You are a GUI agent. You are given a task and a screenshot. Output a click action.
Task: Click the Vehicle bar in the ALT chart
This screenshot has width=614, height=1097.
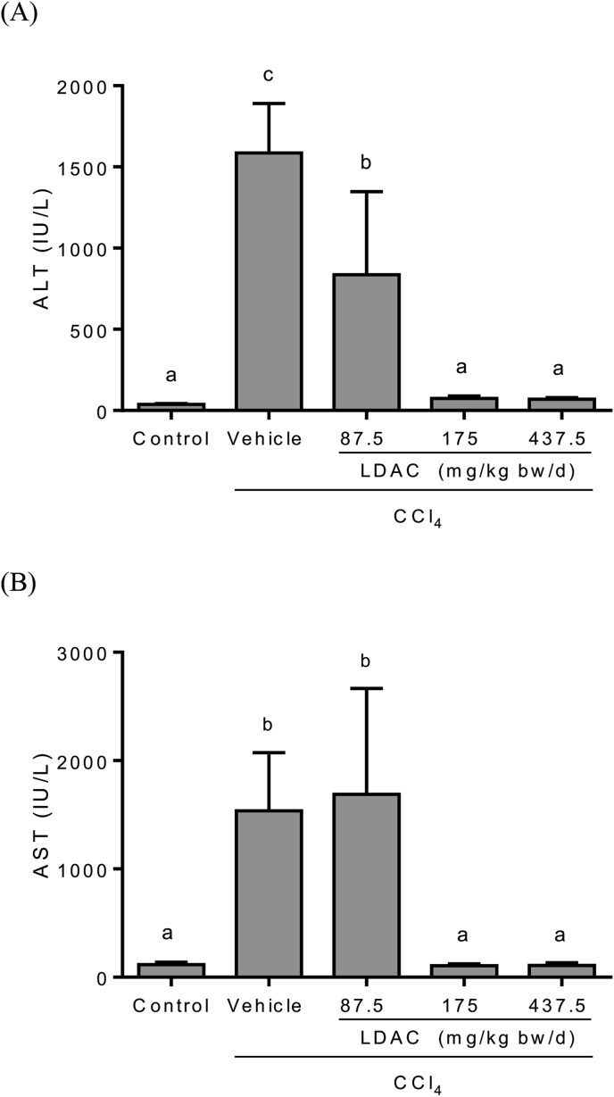pyautogui.click(x=269, y=281)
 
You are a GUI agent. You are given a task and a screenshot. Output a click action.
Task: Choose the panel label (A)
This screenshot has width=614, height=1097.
pyautogui.click(x=19, y=17)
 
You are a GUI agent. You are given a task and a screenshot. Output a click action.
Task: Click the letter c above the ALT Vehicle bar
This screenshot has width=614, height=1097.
pyautogui.click(x=269, y=75)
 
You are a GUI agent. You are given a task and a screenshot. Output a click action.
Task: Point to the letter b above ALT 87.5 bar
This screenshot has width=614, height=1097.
pyautogui.click(x=366, y=163)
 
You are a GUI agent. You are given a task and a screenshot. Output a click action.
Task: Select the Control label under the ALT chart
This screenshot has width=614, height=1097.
pyautogui.click(x=170, y=438)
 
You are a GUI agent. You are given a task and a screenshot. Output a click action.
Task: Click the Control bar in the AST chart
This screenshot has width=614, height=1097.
pyautogui.click(x=170, y=970)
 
